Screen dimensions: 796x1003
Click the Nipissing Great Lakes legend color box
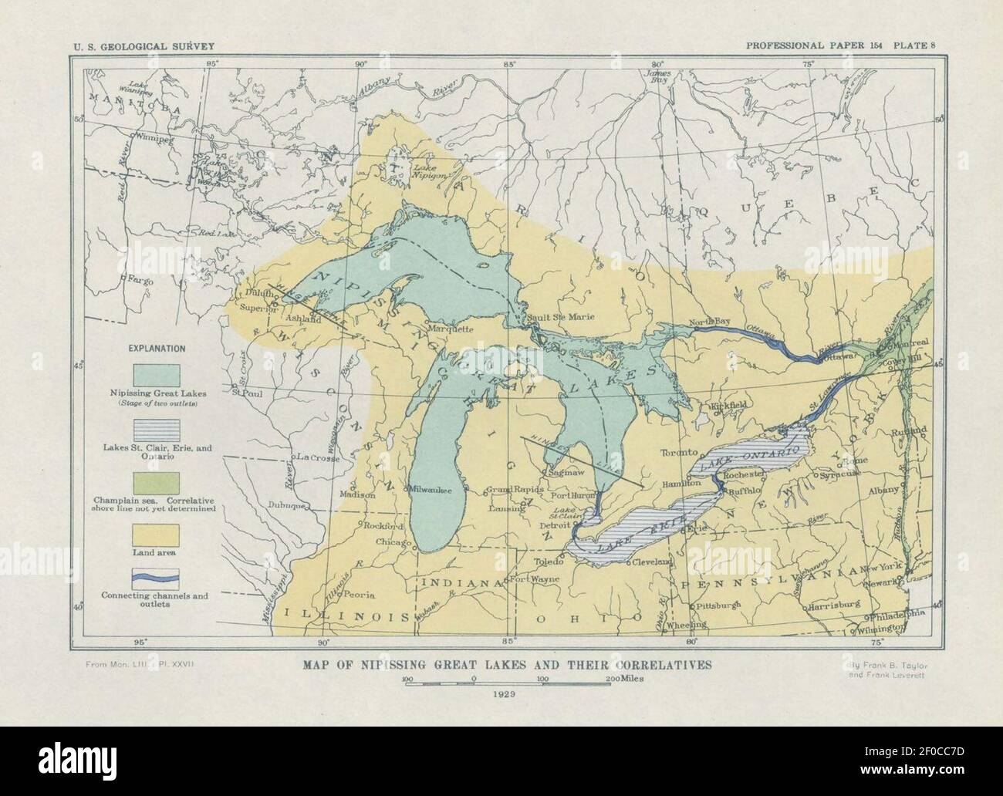tap(157, 375)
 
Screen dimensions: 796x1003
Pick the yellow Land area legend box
tap(157, 535)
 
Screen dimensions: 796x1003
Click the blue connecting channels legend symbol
tap(157, 577)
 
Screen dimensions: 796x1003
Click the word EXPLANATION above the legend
tap(157, 348)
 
